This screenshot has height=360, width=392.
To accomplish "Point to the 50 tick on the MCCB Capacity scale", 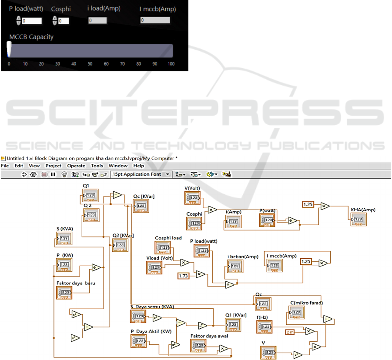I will (x=90, y=64).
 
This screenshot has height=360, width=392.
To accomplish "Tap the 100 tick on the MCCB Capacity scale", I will (x=171, y=64).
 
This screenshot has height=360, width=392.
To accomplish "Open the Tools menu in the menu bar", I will (x=97, y=166).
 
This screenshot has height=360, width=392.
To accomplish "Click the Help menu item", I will (x=138, y=166).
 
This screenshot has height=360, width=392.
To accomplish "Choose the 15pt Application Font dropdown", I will (x=141, y=174).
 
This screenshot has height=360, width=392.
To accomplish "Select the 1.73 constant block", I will (x=185, y=276).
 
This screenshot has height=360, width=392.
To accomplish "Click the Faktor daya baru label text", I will (x=76, y=283).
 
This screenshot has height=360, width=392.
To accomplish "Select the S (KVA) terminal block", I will (x=64, y=238).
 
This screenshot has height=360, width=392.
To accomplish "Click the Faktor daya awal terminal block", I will (x=198, y=346).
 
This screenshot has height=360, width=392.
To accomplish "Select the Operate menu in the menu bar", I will (x=76, y=166).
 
